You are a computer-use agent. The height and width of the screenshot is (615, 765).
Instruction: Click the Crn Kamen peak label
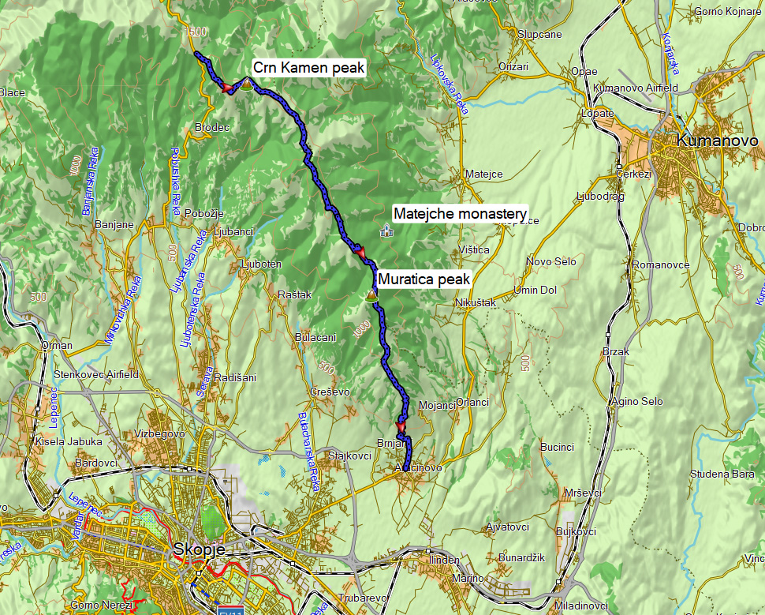[x=309, y=68]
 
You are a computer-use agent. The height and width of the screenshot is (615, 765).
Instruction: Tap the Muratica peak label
[x=424, y=279]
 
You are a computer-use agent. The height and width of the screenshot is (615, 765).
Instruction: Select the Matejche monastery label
[x=460, y=214]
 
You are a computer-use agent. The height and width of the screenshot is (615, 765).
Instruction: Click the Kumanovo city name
[x=717, y=141]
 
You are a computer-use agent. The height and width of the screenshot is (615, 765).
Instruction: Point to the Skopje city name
[x=200, y=549]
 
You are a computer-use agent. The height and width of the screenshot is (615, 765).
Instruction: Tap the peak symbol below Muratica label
[x=370, y=295]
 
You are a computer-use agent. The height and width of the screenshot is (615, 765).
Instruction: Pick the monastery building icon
[x=386, y=231]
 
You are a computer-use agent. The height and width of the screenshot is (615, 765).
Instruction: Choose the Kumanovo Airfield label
[x=636, y=87]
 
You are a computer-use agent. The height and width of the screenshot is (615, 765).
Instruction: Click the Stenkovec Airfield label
[x=95, y=374]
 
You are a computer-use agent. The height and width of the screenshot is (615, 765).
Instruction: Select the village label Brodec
[x=211, y=127]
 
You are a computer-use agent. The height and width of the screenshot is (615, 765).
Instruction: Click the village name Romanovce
[x=661, y=265]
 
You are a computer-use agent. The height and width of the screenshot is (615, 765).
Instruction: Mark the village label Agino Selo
[x=637, y=401]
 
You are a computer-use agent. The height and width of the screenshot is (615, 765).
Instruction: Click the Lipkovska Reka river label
[x=450, y=84]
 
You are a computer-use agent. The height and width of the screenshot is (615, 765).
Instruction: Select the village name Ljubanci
[x=233, y=232]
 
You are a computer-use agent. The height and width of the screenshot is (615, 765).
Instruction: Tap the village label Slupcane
[x=539, y=34]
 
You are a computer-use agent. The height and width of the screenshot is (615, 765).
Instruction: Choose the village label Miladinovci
[x=580, y=606]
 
